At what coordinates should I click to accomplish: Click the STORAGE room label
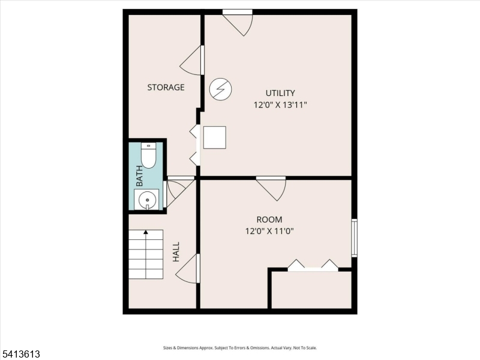[166, 87]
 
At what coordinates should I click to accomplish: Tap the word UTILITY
[280, 93]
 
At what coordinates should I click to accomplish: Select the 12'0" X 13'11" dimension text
[280, 105]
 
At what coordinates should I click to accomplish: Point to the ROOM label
[269, 220]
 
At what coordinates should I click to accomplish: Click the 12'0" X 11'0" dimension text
[269, 231]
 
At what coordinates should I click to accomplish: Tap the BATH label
[139, 176]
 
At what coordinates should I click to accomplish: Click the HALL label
[176, 252]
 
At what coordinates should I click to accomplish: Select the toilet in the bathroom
[148, 155]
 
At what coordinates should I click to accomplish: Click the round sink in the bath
[147, 200]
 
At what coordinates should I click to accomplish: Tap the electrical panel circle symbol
[220, 89]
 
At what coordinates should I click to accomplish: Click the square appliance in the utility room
[215, 137]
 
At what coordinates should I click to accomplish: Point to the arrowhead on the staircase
[146, 232]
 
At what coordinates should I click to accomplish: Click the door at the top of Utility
[238, 22]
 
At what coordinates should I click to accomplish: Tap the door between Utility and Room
[271, 188]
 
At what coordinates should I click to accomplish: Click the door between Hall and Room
[188, 269]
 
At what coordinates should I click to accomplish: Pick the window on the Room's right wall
[354, 238]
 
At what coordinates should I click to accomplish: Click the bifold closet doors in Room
[313, 265]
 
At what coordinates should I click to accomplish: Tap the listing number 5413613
[20, 354]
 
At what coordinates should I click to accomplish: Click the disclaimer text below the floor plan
[240, 348]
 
